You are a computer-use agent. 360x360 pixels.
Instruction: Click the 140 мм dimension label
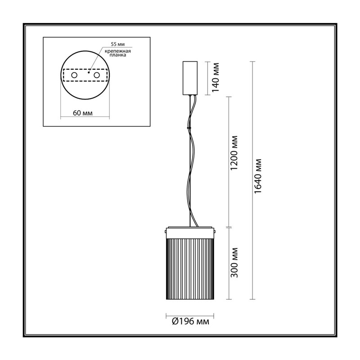(x=216, y=77)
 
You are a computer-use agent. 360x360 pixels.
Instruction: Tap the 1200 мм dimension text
(x=234, y=153)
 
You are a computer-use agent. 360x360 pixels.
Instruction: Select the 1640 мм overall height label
(x=258, y=176)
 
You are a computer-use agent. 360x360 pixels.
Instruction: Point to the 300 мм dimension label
(x=234, y=263)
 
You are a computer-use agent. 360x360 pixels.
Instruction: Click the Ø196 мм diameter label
(x=190, y=321)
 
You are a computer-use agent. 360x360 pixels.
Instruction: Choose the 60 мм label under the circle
(x=83, y=113)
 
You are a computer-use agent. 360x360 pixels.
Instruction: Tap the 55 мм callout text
(x=118, y=44)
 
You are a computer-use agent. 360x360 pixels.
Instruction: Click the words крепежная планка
(x=118, y=53)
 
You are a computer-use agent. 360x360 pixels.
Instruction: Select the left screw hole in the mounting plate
(x=74, y=75)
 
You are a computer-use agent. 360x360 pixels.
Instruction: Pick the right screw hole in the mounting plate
(x=96, y=75)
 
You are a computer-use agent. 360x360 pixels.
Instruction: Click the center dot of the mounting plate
(x=89, y=72)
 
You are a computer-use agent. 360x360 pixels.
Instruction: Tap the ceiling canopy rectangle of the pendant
(x=190, y=78)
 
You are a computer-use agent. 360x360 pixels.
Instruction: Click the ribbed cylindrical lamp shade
(x=190, y=269)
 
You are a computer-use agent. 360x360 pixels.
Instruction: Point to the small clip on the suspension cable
(x=189, y=127)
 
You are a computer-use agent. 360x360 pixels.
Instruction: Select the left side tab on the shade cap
(x=165, y=231)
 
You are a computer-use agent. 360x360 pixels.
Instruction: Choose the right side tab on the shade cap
(x=215, y=231)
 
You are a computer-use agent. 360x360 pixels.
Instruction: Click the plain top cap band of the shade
(x=190, y=233)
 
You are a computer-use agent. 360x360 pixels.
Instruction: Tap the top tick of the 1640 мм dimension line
(x=252, y=62)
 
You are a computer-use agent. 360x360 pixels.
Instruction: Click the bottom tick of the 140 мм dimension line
(x=207, y=95)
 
